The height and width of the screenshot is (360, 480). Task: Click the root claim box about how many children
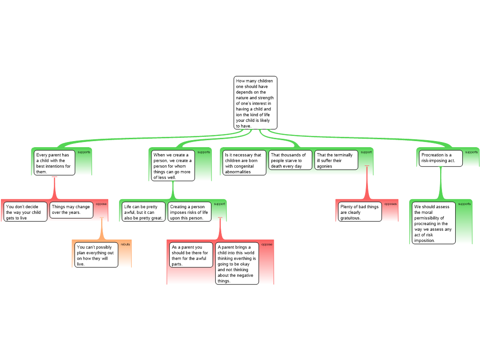[255, 103]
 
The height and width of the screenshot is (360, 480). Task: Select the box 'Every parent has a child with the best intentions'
[54, 163]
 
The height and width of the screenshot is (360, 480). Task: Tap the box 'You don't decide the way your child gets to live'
[25, 212]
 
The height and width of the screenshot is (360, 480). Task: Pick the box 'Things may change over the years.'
[71, 210]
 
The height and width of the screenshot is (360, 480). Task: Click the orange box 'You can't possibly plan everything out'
[96, 255]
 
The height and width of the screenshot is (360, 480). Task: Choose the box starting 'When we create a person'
[172, 166]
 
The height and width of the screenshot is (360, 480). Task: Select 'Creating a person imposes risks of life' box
[189, 212]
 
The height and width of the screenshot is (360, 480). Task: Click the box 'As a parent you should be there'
[191, 255]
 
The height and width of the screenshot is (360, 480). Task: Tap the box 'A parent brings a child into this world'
[237, 264]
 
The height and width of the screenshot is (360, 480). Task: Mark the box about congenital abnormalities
[244, 163]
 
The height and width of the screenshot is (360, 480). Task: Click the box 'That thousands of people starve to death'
[290, 160]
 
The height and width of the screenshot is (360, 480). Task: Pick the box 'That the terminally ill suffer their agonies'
[336, 160]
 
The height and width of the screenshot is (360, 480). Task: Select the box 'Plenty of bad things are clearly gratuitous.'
[360, 212]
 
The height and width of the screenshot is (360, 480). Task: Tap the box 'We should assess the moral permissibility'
[434, 223]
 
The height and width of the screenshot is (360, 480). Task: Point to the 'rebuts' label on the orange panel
[126, 244]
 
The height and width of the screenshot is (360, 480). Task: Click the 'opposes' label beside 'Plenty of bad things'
[390, 204]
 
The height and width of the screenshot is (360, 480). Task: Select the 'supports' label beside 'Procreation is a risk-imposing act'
[471, 152]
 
